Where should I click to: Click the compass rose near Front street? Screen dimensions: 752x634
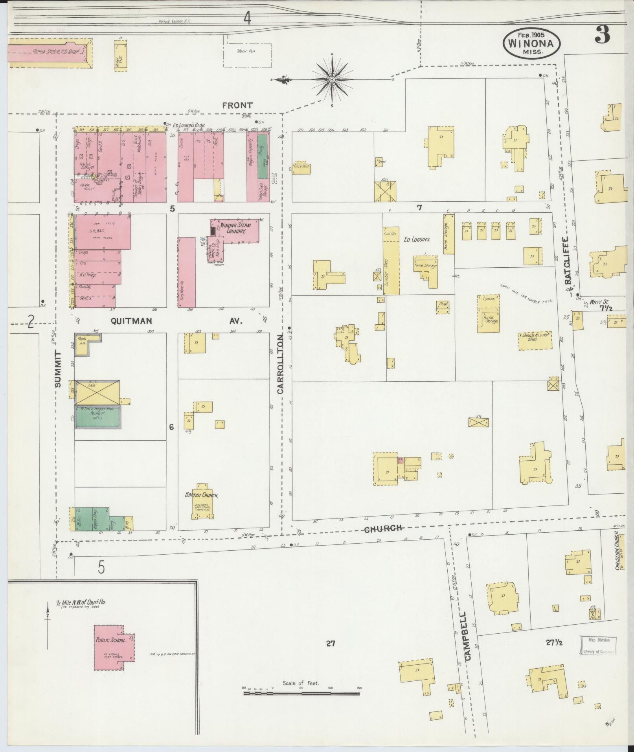point(332,80)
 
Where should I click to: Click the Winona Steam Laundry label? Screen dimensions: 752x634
point(233,228)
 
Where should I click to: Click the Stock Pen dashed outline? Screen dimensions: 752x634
point(247,51)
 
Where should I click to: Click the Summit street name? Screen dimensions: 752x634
point(59,370)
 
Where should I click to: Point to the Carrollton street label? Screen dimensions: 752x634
point(280,364)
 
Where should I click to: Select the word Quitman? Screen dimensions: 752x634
point(131,321)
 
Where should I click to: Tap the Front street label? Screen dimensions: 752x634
point(237,105)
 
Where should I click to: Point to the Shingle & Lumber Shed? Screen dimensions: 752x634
point(535,337)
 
